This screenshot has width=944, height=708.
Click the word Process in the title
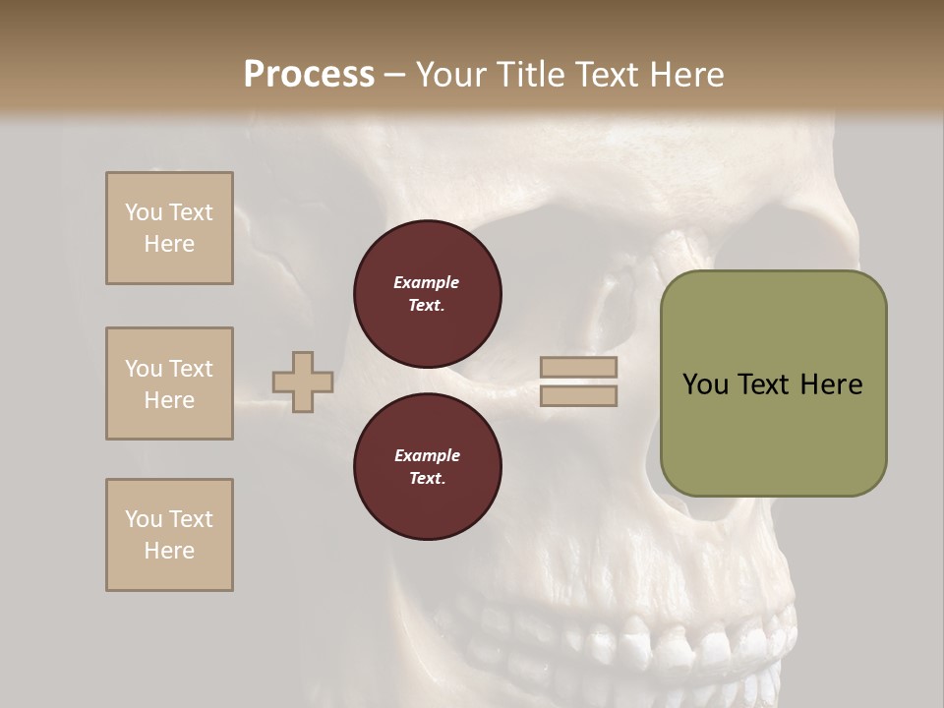(x=309, y=75)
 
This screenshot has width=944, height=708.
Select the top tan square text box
(x=169, y=228)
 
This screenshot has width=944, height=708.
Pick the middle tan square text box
(x=169, y=383)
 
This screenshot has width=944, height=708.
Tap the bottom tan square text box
(x=169, y=535)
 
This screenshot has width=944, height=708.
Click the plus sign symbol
(x=302, y=382)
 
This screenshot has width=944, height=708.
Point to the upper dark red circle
(x=427, y=294)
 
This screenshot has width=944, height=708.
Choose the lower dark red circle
(x=427, y=467)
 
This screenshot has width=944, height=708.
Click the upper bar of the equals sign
(x=578, y=368)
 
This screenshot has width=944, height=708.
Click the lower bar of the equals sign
(x=578, y=396)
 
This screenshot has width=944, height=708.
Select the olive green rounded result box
(x=773, y=383)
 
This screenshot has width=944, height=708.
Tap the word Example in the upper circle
(x=427, y=282)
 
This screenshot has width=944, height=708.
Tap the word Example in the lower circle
(x=427, y=455)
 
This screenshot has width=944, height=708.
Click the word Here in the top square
(x=169, y=244)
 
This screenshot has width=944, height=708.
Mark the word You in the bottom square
(x=144, y=519)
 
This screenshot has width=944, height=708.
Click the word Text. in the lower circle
(x=427, y=479)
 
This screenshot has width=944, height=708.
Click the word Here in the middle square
(x=169, y=400)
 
